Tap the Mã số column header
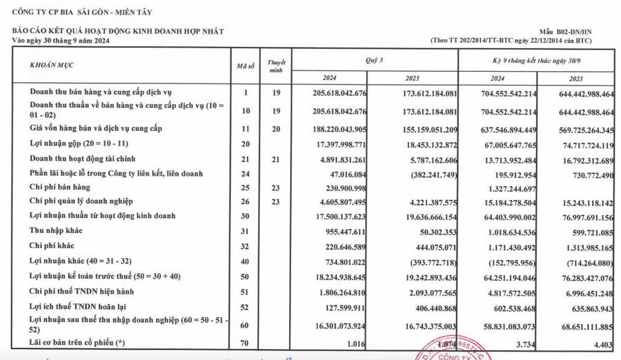(242, 66)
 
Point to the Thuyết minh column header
(276, 66)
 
